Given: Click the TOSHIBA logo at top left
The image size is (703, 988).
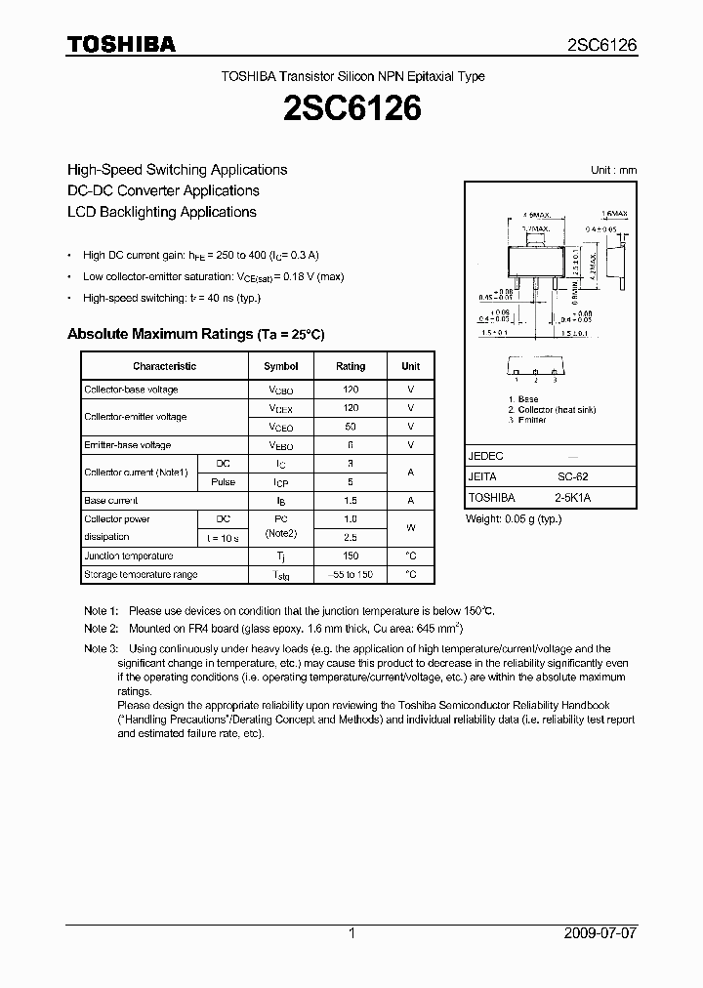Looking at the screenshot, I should pyautogui.click(x=121, y=44).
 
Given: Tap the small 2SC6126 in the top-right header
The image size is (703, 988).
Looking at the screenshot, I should pyautogui.click(x=601, y=45).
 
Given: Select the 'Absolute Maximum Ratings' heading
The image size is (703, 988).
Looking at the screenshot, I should pyautogui.click(x=195, y=334).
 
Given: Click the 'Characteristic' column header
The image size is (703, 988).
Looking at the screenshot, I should pyautogui.click(x=164, y=366).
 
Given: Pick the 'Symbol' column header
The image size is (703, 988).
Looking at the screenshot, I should pyautogui.click(x=281, y=366).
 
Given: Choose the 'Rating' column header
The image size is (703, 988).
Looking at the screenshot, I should pyautogui.click(x=351, y=366).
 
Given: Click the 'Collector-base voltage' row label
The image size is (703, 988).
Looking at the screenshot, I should pyautogui.click(x=131, y=390).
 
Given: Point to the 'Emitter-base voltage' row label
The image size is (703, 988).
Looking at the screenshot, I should pyautogui.click(x=127, y=445).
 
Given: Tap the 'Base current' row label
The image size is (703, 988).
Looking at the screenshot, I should pyautogui.click(x=110, y=501).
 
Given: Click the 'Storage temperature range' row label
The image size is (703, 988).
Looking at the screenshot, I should pyautogui.click(x=141, y=575).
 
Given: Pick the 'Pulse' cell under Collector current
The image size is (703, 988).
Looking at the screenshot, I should pyautogui.click(x=222, y=482).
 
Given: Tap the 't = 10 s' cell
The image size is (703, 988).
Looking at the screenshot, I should pyautogui.click(x=222, y=538).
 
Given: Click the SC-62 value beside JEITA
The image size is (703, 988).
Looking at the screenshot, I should pyautogui.click(x=572, y=476).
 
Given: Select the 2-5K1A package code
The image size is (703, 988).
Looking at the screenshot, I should pyautogui.click(x=572, y=497).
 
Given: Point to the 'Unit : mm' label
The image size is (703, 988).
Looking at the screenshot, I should pyautogui.click(x=613, y=170).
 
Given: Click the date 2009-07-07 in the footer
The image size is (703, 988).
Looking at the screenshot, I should pyautogui.click(x=600, y=933).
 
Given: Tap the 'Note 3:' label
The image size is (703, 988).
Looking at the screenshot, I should pyautogui.click(x=101, y=649).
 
